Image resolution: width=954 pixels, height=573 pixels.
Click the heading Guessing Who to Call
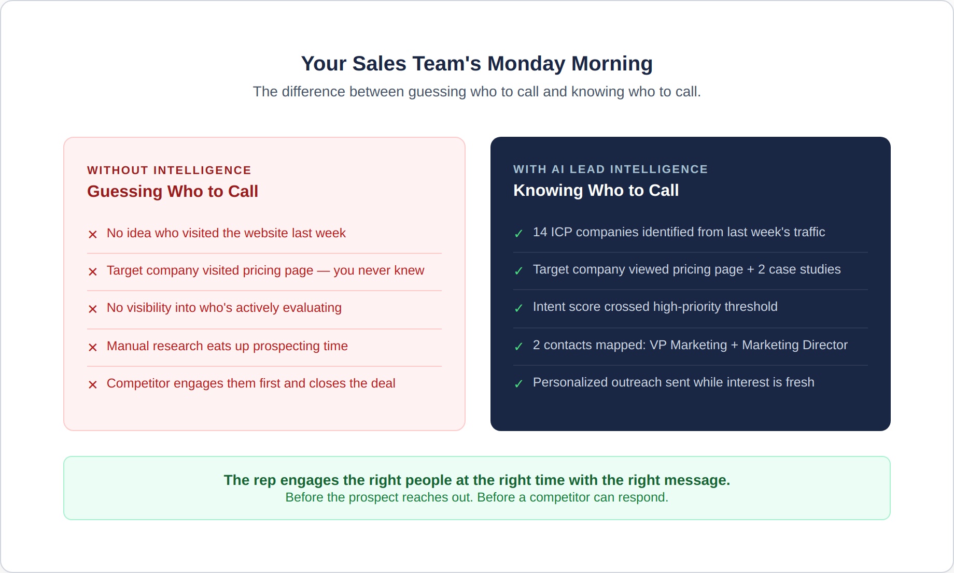coord(173,192)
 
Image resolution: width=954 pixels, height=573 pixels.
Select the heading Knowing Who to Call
coord(596,191)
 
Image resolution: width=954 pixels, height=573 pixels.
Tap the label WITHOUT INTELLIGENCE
coord(169,170)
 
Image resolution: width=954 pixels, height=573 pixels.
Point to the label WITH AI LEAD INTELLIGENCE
coord(610,169)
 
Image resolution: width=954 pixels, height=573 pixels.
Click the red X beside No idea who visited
coord(93,234)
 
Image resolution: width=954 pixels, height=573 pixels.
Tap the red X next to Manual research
coord(93,347)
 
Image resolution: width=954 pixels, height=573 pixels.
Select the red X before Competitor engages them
coord(93,384)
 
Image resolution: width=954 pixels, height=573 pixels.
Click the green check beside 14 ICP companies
coord(518,234)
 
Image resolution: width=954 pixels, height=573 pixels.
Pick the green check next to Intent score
coord(518,308)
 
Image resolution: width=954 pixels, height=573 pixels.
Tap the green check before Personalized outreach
coord(518,384)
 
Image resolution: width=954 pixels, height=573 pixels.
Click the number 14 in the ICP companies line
coord(540,232)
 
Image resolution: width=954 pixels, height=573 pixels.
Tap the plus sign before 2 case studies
coord(750,270)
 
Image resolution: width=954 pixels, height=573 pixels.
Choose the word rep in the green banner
coord(265,481)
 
